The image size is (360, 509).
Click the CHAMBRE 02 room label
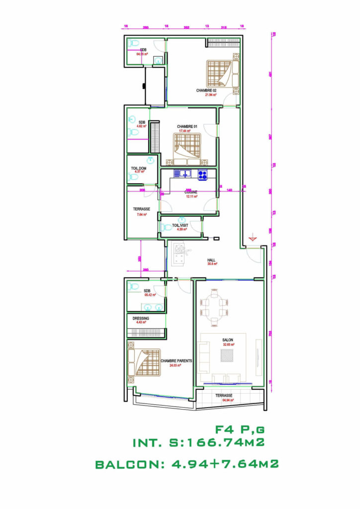(x=206, y=90)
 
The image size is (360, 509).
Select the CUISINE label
(x=191, y=192)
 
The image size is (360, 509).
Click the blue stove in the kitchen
(x=203, y=174)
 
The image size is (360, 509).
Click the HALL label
(x=211, y=260)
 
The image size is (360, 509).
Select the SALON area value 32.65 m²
(x=229, y=344)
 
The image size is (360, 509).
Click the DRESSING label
(x=141, y=319)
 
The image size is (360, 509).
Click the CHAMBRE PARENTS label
(x=177, y=361)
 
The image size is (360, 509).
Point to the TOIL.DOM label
(x=138, y=169)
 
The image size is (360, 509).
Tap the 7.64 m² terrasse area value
(x=141, y=215)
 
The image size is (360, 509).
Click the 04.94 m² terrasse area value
(x=228, y=400)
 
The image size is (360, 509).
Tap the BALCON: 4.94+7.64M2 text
(x=186, y=464)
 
